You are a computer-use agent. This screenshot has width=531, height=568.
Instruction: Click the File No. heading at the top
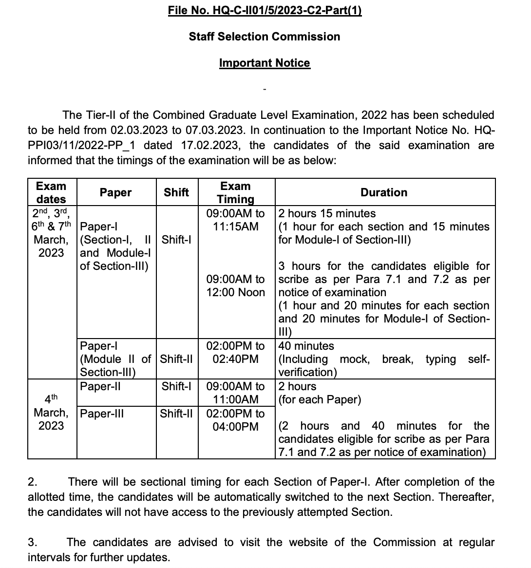pos(265,10)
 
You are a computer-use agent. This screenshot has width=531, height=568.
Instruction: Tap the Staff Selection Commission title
pos(265,37)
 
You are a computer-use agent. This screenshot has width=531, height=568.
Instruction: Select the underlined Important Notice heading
pos(265,63)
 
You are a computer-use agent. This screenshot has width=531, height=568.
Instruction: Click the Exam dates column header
pos(51,192)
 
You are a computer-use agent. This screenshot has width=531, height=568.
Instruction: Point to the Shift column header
pos(176,192)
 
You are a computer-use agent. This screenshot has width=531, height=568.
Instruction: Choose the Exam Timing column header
pos(235,192)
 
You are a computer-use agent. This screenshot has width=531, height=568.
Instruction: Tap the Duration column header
pos(384,192)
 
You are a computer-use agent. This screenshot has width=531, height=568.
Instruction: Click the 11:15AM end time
pos(236,227)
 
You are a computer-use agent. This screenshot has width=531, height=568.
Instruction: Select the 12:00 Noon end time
pos(236,292)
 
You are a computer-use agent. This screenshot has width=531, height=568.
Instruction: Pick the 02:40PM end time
pos(236,359)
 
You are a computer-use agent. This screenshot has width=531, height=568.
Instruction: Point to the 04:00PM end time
pos(236,427)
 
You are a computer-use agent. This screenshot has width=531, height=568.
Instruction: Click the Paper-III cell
pos(101,414)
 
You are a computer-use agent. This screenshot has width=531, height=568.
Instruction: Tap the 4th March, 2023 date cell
pos(51,412)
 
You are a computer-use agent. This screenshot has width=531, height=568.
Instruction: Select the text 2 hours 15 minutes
pos(327,213)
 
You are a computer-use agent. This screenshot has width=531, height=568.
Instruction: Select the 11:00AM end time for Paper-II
pos(236,399)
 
